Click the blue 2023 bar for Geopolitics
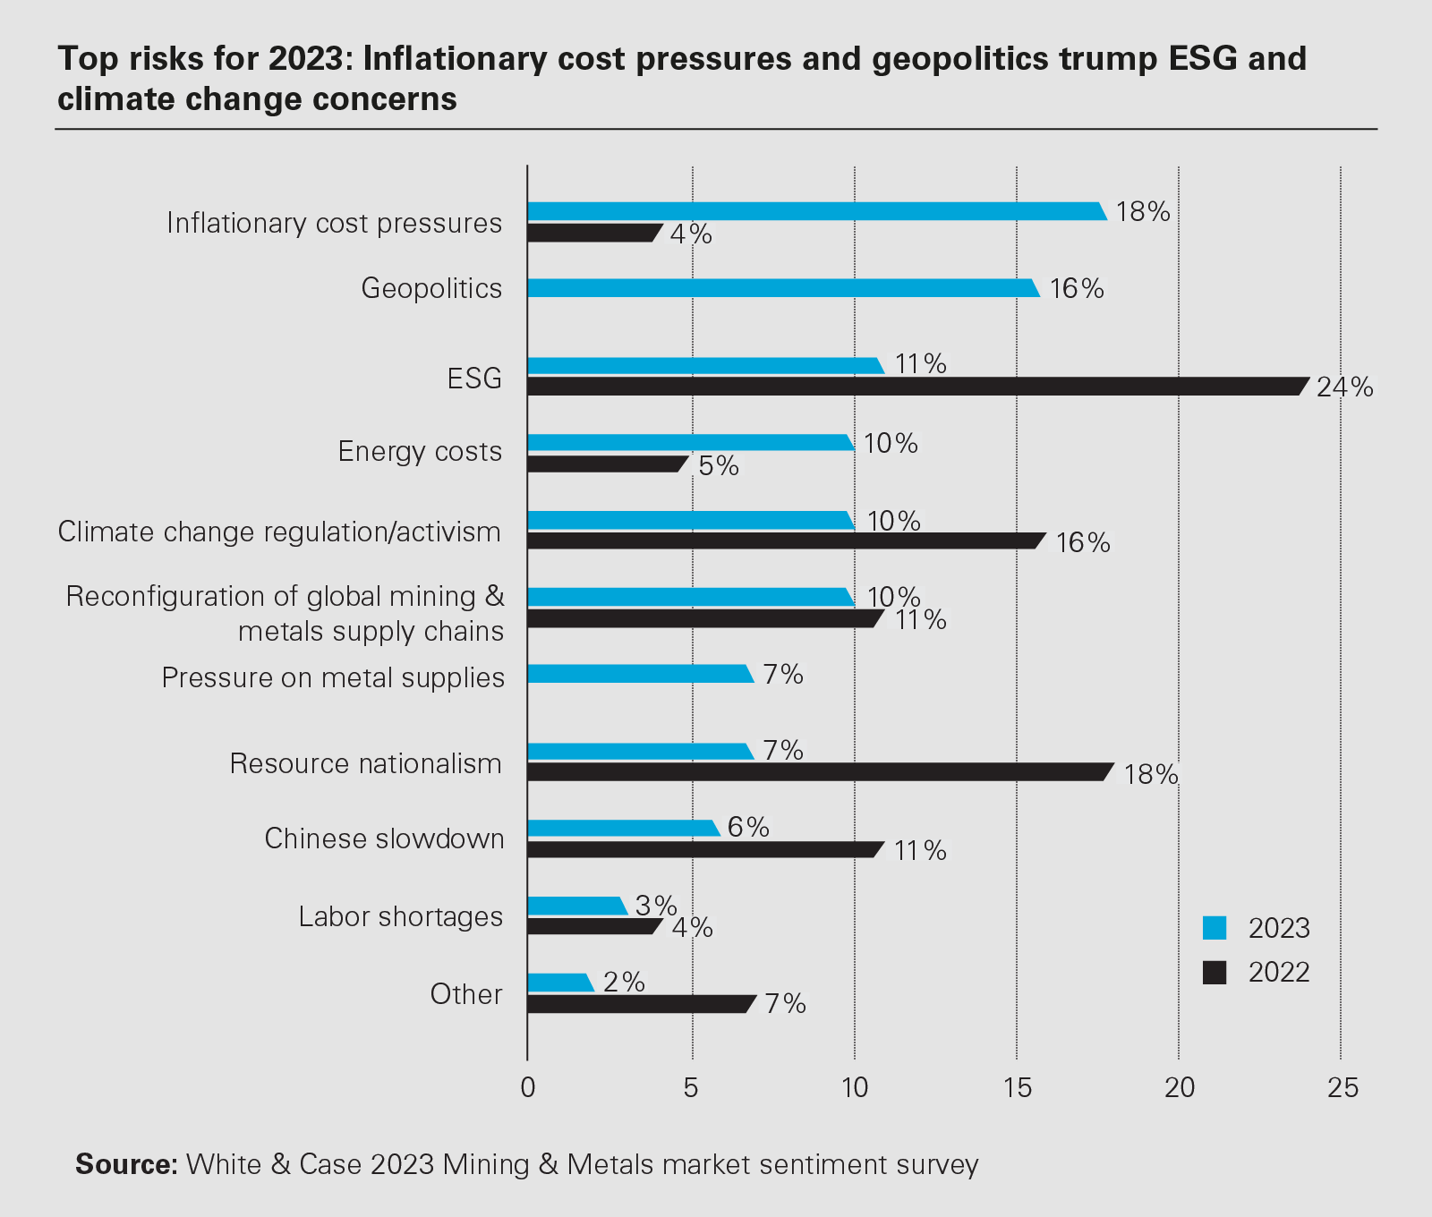tap(783, 288)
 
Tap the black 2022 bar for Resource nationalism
tap(819, 771)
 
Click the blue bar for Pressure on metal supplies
tap(640, 674)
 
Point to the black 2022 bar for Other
tap(641, 1004)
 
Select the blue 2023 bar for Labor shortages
tap(576, 906)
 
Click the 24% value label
tap(1344, 387)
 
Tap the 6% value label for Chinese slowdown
tap(748, 827)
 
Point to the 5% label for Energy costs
tap(719, 466)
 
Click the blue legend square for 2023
tap(1215, 928)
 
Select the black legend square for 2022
tap(1215, 973)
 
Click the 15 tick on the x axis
tap(1018, 1088)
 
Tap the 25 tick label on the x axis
tap(1342, 1088)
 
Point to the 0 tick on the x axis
tap(528, 1088)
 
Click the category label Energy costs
tap(420, 451)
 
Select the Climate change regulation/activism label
tap(279, 532)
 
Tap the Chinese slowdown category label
tap(384, 838)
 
